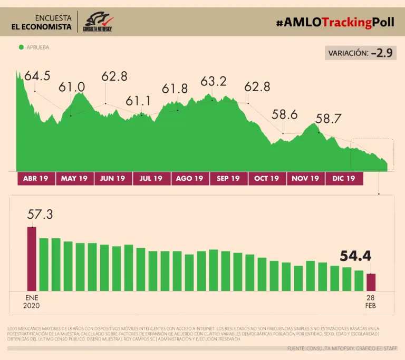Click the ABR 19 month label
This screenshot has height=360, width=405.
coord(36,179)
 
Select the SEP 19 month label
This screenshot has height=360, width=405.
coord(228,179)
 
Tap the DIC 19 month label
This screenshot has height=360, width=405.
coord(344,179)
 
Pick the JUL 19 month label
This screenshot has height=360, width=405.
coord(151,179)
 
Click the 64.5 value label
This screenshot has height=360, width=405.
coord(37,76)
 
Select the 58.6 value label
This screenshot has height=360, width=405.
coord(285,114)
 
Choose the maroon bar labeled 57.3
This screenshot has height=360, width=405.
coord(32,258)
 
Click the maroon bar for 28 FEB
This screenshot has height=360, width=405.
coord(371,282)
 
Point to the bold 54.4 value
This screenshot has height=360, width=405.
coord(355,257)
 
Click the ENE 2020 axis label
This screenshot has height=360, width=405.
coord(31,301)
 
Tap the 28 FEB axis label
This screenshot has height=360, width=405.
coord(371,301)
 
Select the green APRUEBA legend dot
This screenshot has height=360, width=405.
coord(21,47)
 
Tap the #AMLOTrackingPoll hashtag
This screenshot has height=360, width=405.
coord(335,22)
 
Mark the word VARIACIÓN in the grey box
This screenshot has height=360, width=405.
coord(348,53)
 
